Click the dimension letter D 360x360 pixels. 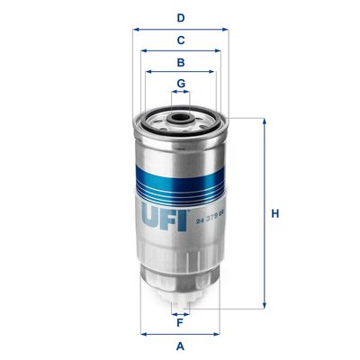[181, 17]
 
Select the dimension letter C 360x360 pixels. [181, 40]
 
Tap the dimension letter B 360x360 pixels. [181, 62]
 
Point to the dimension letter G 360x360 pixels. [181, 83]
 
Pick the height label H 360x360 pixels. [275, 213]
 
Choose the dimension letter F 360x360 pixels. [181, 322]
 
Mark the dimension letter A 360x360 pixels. [181, 346]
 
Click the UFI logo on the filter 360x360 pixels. [164, 214]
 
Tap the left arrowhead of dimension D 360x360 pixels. [136, 29]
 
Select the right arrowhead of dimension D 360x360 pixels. [226, 29]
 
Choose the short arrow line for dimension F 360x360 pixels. [181, 311]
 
